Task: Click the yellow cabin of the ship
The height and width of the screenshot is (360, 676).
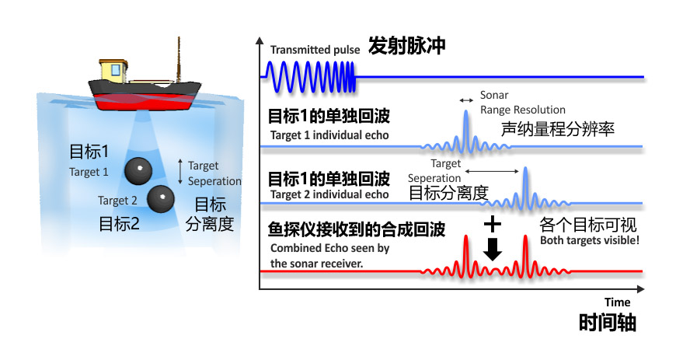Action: (114, 69)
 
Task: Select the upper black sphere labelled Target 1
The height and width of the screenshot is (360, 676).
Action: (138, 169)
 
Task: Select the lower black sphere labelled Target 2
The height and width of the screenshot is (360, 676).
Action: (161, 199)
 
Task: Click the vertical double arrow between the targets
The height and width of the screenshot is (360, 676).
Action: (181, 172)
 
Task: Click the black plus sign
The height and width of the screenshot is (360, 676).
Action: (491, 225)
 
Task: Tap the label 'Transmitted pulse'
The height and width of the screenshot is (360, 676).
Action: (315, 50)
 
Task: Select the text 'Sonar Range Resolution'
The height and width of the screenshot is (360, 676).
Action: (522, 103)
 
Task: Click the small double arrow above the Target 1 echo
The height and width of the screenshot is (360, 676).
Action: (466, 100)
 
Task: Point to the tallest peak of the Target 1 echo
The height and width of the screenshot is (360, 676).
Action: (465, 114)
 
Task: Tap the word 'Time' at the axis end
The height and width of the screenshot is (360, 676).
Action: (618, 302)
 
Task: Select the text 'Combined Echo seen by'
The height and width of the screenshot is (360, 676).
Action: (329, 248)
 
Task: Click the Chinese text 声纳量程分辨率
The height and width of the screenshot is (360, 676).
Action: (558, 129)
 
